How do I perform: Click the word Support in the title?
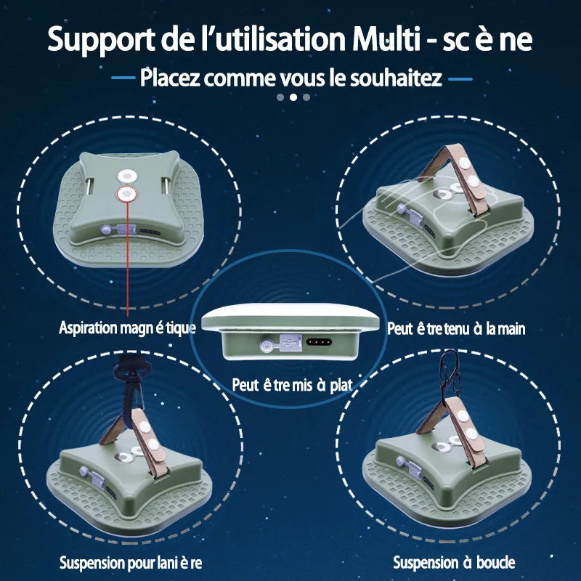point(101,40)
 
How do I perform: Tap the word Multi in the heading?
point(386,38)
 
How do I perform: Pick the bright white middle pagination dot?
point(293,97)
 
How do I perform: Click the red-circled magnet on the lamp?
point(127,193)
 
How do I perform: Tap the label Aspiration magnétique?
point(127,328)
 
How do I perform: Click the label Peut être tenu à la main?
point(456,329)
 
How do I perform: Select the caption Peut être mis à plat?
point(292,385)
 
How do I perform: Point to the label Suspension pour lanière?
point(131,562)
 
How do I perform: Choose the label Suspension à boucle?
point(454,562)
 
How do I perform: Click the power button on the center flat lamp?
point(266,346)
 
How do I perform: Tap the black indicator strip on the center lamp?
point(319,341)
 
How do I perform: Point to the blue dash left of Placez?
point(123,78)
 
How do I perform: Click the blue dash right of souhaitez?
point(460,79)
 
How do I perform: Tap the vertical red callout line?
point(128,259)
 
